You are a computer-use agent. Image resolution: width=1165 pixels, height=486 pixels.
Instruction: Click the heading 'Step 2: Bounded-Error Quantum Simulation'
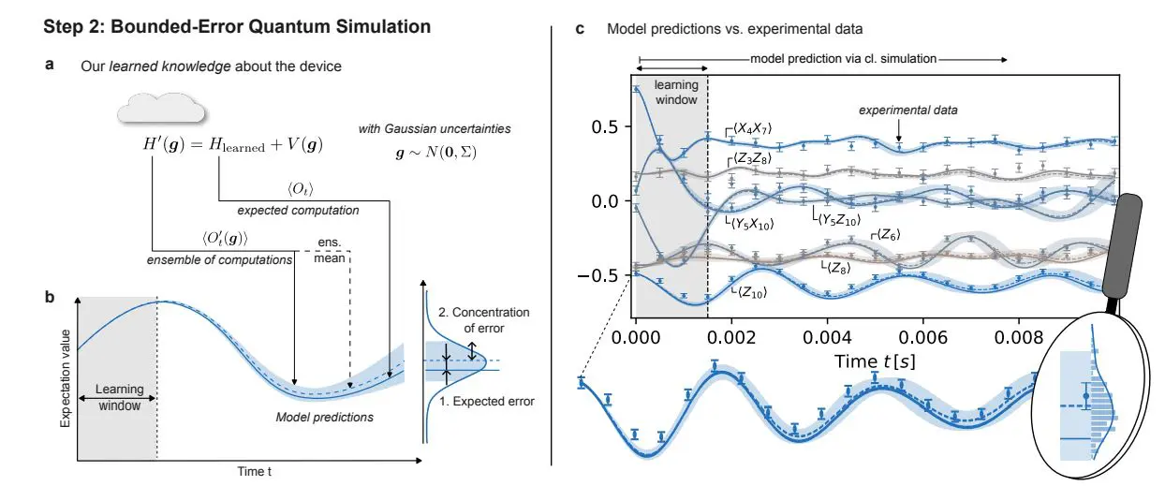coord(237,27)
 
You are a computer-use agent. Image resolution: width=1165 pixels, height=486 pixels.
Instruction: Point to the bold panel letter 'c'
coord(580,29)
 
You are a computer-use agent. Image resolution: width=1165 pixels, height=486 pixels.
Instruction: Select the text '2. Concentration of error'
coord(484,318)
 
